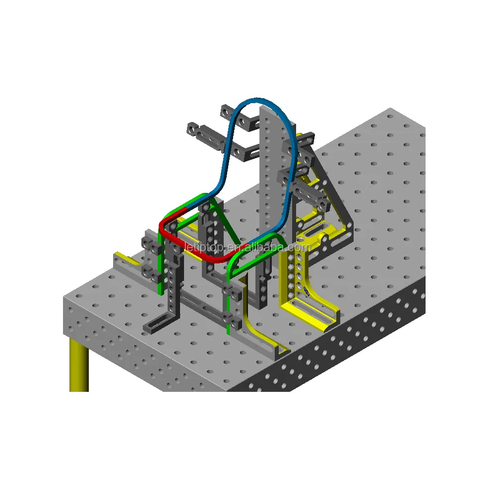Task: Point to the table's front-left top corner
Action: [65, 298]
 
